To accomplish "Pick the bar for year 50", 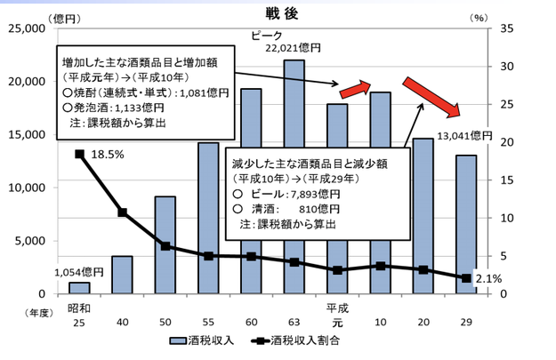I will point(165,244).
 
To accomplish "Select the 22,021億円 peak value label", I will point(294,48).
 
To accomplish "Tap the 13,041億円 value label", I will point(464,135).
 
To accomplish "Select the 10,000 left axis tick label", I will point(32,188).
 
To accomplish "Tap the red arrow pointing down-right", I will point(431,97).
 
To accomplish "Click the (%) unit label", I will point(502,15).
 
